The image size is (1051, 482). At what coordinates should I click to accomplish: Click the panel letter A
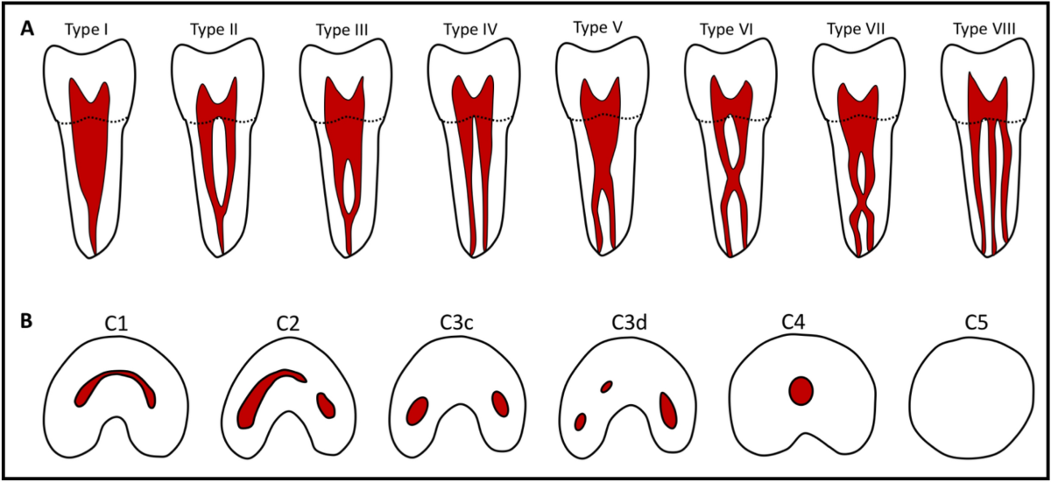click(27, 29)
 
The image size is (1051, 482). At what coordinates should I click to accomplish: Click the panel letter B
click(26, 321)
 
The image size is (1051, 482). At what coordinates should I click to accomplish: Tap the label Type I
click(87, 30)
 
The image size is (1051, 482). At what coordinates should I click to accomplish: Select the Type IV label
click(470, 30)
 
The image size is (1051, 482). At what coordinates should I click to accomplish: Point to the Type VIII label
click(984, 29)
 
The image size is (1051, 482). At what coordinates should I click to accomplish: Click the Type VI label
click(726, 30)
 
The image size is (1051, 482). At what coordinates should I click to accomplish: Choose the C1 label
click(116, 323)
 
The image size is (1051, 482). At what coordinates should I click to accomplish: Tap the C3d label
click(629, 322)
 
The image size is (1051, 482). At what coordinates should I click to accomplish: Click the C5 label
click(976, 322)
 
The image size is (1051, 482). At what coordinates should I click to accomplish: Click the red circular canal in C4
click(801, 391)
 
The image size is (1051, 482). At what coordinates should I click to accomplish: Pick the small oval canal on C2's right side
click(326, 406)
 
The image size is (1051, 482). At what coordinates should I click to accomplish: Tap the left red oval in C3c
click(417, 411)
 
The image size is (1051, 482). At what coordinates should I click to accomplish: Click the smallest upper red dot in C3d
click(606, 387)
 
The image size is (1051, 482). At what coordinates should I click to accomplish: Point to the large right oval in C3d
click(668, 410)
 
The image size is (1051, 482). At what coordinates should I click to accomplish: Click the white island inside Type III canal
click(348, 186)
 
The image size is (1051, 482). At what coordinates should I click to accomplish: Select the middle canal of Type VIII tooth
click(993, 187)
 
